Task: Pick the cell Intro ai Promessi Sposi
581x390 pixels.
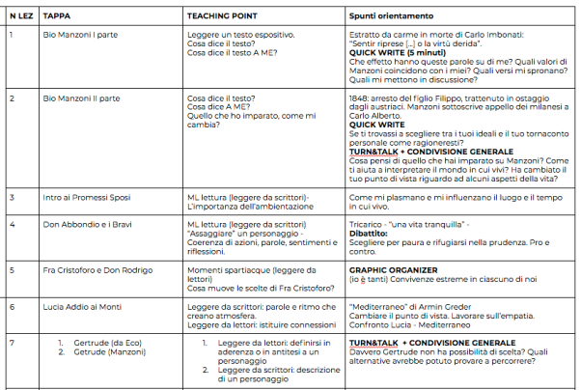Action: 86,197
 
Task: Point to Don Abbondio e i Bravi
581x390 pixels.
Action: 87,224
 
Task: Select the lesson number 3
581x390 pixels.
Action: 11,197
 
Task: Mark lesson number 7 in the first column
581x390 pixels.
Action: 11,343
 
